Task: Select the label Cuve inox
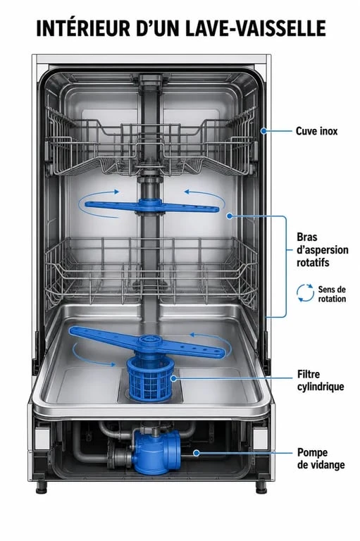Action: tap(316, 131)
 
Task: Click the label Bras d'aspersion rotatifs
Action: tap(323, 250)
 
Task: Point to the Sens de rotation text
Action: tap(332, 294)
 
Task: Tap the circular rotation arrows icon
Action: tap(305, 293)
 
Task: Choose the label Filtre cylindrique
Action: tap(321, 380)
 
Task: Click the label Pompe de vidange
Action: tap(321, 459)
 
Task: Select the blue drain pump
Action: tap(156, 452)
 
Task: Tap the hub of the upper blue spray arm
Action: tap(149, 206)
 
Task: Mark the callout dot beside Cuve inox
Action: tap(263, 131)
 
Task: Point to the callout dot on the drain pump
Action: tap(196, 453)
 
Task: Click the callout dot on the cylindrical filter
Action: tap(173, 378)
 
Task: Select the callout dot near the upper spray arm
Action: tap(230, 216)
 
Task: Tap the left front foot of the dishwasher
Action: tap(42, 487)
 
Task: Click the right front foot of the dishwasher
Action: tap(261, 487)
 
